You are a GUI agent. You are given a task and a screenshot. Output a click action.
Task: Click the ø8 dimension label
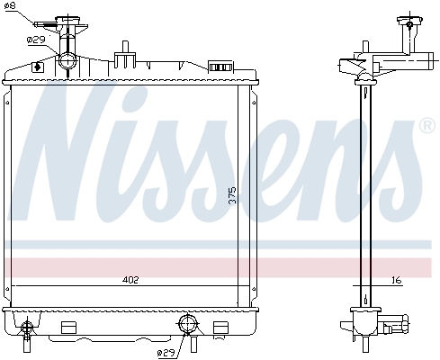click(10, 7)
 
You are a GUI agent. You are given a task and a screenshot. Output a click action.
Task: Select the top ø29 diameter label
click(36, 40)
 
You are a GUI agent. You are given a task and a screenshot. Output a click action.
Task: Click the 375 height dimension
click(231, 196)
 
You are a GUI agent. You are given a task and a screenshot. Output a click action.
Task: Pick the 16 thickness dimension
click(396, 280)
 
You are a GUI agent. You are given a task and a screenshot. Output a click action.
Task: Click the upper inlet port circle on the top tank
click(68, 61)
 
